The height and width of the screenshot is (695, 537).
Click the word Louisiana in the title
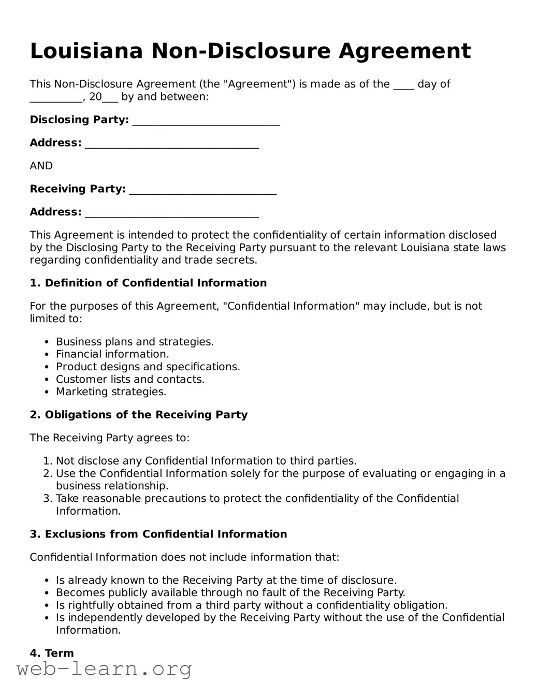(86, 51)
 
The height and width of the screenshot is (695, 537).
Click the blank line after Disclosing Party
(206, 121)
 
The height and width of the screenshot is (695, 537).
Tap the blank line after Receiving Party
(202, 191)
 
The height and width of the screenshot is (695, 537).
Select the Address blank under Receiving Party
(171, 213)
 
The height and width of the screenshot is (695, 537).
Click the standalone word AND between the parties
(41, 166)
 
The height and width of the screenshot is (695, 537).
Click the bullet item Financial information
(112, 354)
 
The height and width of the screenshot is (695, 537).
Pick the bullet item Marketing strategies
(111, 392)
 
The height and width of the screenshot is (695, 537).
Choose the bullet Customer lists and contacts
(130, 379)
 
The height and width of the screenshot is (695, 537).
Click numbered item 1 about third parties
(206, 461)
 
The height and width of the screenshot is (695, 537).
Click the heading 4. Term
(52, 653)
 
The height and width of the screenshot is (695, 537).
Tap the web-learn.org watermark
(104, 669)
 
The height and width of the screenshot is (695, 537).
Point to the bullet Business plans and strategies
(135, 342)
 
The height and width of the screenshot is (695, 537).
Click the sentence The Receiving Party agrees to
(110, 438)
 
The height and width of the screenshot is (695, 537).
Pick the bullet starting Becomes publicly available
(230, 592)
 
